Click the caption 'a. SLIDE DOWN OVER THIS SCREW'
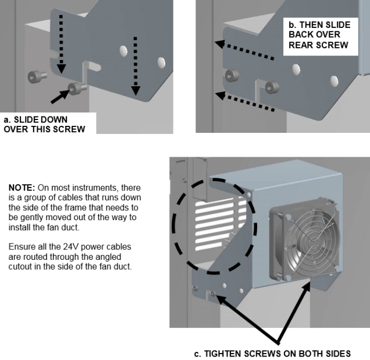point(44,124)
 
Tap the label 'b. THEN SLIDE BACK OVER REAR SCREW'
point(319,35)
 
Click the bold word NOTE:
point(22,188)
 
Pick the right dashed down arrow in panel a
point(136,64)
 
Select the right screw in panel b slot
point(269,87)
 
